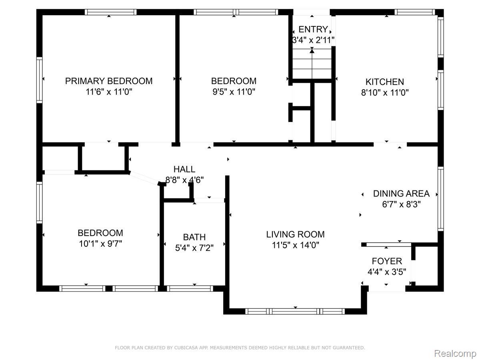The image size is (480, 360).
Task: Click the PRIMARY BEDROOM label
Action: [109, 81]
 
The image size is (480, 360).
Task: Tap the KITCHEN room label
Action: [385, 82]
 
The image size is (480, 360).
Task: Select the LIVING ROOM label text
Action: [295, 234]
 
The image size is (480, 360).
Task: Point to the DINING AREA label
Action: [401, 194]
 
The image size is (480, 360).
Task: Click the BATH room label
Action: [194, 237]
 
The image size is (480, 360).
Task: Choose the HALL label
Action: [184, 169]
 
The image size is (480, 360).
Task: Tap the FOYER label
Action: [387, 261]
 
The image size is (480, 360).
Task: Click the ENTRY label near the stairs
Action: [313, 29]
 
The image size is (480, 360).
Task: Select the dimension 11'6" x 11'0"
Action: [109, 92]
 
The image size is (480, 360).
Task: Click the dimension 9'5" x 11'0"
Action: [234, 92]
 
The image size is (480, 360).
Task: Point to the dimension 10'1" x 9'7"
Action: [100, 244]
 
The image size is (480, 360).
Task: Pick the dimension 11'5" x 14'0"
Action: [296, 245]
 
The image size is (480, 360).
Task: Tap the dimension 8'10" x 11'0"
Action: [385, 93]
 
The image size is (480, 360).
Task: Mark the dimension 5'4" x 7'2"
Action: [194, 248]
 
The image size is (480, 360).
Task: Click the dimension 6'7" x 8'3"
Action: [401, 204]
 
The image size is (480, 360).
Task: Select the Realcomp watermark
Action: [455, 354]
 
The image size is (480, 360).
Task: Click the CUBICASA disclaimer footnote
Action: [240, 348]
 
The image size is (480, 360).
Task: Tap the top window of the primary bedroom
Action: [111, 12]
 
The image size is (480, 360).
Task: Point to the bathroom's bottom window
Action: [190, 288]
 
